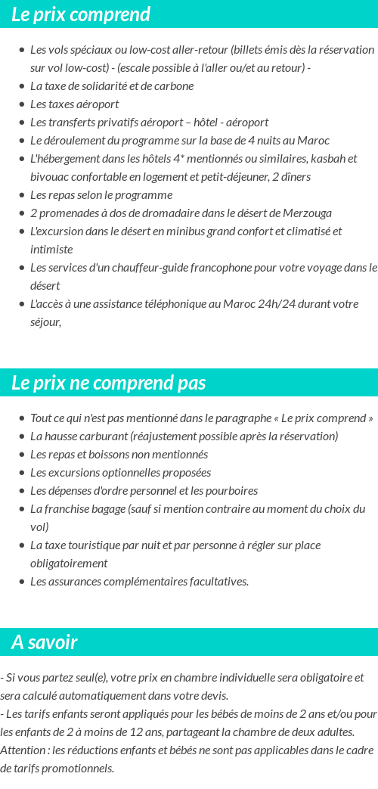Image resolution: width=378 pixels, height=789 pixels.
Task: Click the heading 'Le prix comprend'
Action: click(x=81, y=14)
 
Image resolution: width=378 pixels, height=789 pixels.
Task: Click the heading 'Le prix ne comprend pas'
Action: click(x=108, y=383)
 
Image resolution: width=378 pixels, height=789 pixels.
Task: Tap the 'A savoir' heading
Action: click(x=45, y=642)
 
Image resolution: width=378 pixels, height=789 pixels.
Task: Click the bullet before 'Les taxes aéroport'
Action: click(x=21, y=104)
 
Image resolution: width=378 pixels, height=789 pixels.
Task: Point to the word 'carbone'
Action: click(x=173, y=85)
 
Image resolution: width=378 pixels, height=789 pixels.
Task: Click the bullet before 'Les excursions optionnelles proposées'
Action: click(x=21, y=473)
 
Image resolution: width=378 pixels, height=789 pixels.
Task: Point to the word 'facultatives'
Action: click(x=215, y=581)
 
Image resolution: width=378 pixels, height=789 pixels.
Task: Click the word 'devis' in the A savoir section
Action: click(x=212, y=695)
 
